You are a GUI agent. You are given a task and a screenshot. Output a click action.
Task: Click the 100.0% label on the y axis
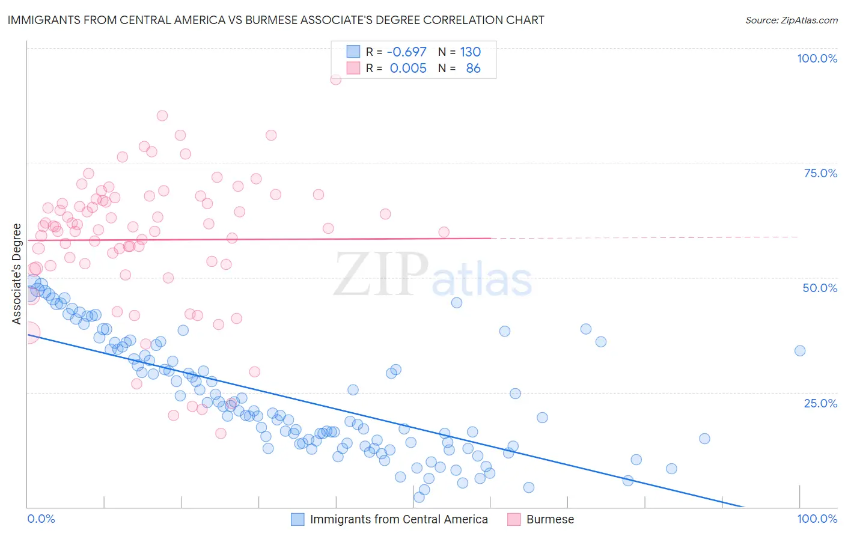point(817,58)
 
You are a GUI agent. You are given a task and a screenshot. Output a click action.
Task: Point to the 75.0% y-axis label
point(820,173)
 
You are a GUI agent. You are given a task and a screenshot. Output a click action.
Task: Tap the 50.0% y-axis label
point(820,288)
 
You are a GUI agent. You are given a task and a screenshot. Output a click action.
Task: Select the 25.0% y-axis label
point(820,403)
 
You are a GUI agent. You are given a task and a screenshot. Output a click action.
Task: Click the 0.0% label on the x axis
point(41,519)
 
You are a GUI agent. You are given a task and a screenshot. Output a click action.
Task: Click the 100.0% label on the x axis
point(817,519)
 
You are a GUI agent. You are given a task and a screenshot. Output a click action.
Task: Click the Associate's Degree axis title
point(16,274)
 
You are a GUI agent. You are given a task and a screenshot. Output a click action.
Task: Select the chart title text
point(276,20)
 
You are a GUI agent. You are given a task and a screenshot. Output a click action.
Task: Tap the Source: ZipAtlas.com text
point(791,20)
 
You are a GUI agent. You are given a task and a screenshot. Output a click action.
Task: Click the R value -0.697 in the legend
point(406,52)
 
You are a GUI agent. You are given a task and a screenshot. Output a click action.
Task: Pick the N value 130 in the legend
point(470,52)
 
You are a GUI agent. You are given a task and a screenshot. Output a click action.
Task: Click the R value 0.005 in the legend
point(408,68)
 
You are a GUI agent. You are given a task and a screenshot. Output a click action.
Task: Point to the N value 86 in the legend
point(473,68)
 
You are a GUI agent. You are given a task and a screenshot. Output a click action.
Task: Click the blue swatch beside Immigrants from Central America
point(297,519)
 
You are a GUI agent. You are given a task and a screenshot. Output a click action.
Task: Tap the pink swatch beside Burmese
point(514,519)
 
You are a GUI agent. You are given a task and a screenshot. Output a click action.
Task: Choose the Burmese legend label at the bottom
point(550,519)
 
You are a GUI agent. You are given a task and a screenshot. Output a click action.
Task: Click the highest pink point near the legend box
point(336,79)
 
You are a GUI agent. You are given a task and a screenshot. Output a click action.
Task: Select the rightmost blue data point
point(799,351)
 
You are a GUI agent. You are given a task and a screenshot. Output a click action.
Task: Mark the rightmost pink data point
point(444,232)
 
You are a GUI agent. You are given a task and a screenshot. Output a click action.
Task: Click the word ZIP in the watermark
point(381,274)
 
